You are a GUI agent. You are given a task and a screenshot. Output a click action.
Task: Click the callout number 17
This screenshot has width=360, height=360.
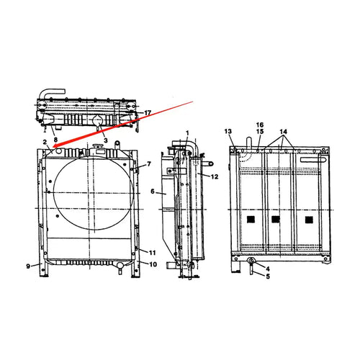click(x=148, y=113)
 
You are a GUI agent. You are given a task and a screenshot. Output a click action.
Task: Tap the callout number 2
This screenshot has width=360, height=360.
click(x=45, y=143)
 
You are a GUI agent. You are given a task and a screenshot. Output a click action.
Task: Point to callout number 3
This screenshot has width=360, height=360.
click(x=105, y=139)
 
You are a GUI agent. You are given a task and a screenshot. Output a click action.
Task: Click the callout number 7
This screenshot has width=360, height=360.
click(x=149, y=164)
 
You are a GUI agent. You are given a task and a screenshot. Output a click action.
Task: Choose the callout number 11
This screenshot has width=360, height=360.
click(x=153, y=252)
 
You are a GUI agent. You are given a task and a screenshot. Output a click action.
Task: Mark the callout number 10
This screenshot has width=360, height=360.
click(x=153, y=265)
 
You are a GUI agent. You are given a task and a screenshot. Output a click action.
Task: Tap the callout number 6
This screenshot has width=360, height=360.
click(x=153, y=192)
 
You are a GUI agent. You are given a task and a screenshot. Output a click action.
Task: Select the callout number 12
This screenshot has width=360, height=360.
click(x=215, y=176)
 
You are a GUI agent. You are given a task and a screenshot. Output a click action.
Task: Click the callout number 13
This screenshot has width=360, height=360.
click(x=228, y=131)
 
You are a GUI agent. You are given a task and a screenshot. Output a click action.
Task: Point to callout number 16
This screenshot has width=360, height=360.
click(x=259, y=125)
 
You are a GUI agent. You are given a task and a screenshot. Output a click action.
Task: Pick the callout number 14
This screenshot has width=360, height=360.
click(x=284, y=132)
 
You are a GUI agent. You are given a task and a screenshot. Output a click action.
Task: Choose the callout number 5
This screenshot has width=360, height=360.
click(x=268, y=276)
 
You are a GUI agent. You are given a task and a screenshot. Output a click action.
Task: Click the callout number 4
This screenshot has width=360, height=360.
click(x=268, y=268)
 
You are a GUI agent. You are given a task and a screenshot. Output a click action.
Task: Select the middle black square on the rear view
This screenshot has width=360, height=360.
click(x=275, y=218)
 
